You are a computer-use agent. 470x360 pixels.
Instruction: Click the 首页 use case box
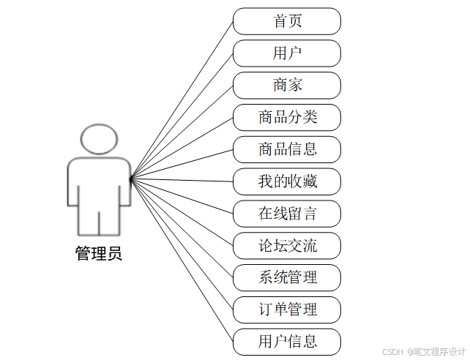(287, 21)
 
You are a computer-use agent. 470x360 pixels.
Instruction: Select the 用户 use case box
(287, 53)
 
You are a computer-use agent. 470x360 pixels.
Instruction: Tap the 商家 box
(287, 86)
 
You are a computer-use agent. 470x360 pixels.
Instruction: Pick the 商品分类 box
(287, 117)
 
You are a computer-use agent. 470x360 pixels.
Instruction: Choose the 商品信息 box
(287, 149)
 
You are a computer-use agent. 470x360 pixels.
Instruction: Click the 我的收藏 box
(287, 181)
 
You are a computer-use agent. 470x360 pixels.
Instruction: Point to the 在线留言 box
(287, 214)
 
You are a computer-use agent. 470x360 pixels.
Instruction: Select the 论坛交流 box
(287, 246)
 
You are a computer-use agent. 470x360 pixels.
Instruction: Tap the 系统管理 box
(287, 277)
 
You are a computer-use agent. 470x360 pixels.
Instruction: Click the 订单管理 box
(287, 310)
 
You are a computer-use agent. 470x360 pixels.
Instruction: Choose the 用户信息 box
(287, 342)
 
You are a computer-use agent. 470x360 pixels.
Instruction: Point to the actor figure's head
(99, 139)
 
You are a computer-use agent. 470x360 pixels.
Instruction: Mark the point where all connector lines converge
(131, 179)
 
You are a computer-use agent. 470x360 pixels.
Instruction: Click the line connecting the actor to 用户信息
(182, 260)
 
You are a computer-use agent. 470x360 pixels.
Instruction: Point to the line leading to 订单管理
(182, 244)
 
